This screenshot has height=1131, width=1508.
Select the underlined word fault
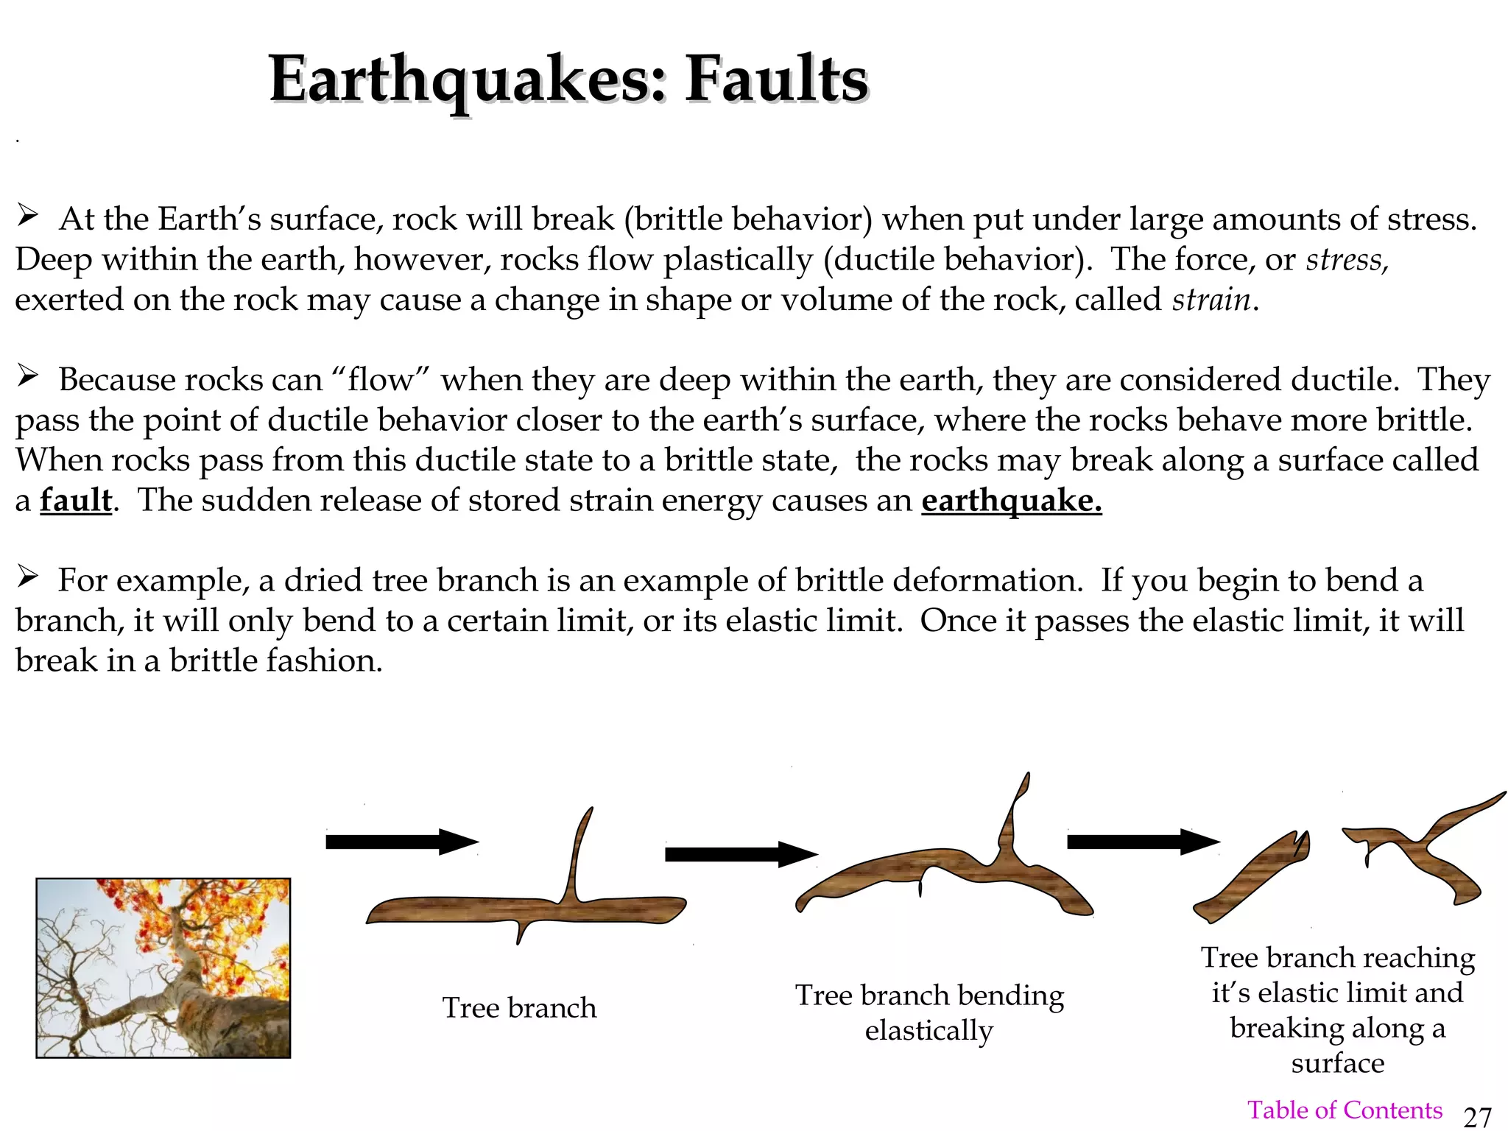coord(76,501)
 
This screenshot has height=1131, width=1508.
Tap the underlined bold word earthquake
coord(1011,501)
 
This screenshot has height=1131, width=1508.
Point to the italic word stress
coord(1346,260)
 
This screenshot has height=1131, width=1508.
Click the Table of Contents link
coord(1344,1110)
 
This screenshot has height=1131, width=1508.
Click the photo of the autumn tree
coord(163,968)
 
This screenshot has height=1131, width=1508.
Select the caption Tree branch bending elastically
coord(929,1012)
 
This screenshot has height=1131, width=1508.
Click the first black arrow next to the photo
coord(401,842)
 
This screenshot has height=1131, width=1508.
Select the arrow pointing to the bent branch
coord(740,854)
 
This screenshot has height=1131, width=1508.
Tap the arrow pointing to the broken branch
coord(1143,842)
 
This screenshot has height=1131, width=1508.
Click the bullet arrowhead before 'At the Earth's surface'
coord(28,216)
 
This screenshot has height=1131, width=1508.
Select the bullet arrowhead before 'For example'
coord(28,577)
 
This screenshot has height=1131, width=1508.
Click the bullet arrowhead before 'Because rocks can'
coord(28,377)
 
